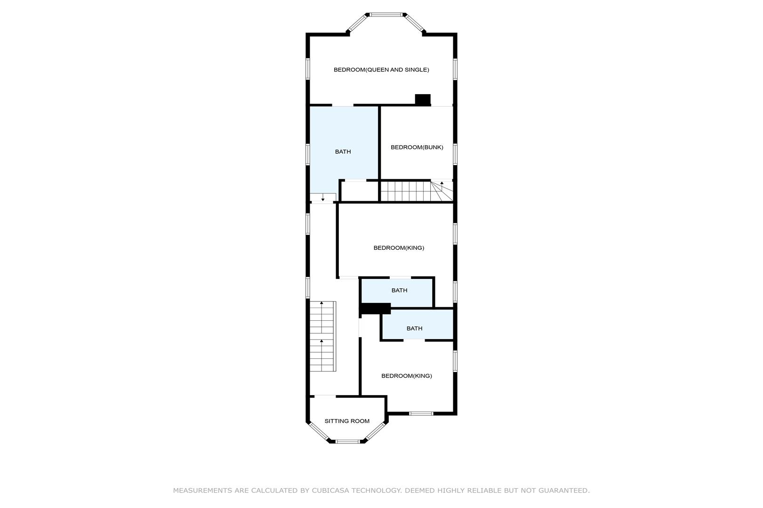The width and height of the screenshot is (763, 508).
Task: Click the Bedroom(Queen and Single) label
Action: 381,70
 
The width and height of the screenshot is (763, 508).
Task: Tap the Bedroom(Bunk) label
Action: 417,147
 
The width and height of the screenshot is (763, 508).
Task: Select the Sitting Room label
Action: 347,421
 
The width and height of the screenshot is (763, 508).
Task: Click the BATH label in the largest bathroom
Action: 343,152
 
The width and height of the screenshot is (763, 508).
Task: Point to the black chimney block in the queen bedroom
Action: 423,100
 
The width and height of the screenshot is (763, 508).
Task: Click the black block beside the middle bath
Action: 375,309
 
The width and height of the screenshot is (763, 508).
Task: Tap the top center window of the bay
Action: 386,15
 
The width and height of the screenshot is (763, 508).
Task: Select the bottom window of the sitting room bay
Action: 347,442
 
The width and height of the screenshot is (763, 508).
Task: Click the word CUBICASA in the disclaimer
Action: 330,491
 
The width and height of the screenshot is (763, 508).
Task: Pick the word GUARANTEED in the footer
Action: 564,491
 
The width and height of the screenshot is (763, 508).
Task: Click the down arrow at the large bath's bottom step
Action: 323,198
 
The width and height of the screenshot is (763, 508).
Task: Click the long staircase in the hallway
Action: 323,336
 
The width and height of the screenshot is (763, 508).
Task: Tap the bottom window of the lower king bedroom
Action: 421,413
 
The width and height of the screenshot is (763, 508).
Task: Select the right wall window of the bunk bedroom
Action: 455,154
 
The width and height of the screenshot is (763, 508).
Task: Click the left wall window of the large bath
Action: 308,154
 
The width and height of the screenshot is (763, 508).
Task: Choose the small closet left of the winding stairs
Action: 360,191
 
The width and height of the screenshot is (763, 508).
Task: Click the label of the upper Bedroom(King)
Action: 399,248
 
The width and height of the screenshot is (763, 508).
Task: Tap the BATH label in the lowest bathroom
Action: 415,329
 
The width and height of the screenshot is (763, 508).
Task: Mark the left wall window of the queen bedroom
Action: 308,69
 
